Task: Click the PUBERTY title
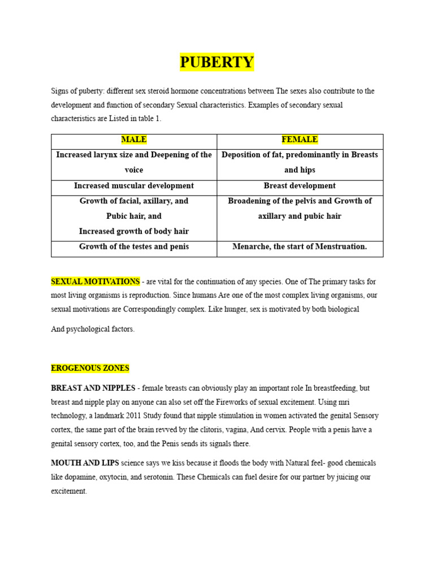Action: [217, 62]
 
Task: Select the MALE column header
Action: [134, 140]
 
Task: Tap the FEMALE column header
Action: [300, 140]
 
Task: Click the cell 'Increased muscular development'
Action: [134, 185]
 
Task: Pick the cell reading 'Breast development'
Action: [300, 185]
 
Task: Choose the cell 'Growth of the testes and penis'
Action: [134, 247]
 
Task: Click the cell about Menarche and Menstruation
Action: [300, 247]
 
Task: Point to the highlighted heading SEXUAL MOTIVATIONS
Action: [95, 282]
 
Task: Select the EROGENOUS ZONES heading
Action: [90, 368]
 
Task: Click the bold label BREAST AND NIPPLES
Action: [93, 388]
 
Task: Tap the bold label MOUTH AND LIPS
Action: [85, 463]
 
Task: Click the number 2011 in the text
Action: [125, 416]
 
